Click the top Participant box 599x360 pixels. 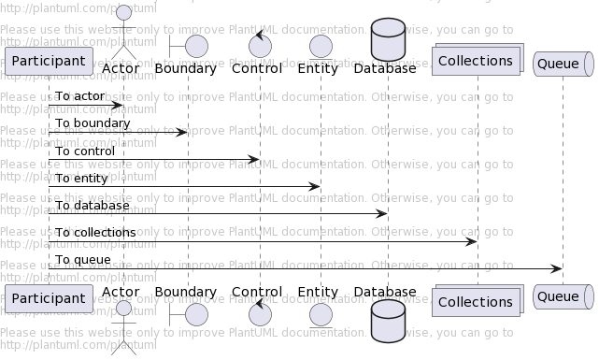pos(49,61)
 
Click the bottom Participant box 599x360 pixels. pos(49,299)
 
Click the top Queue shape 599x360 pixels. pos(563,63)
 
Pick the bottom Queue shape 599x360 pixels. pos(563,297)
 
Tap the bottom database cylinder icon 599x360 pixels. pos(388,321)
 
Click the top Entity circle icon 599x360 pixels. pos(321,46)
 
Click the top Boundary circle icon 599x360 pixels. pos(196,46)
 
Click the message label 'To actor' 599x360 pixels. pos(79,96)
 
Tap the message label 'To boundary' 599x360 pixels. pos(92,123)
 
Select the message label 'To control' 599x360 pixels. pos(84,151)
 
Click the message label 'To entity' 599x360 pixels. pos(81,178)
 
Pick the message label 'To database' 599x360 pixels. pos(92,205)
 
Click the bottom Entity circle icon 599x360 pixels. pos(321,314)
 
